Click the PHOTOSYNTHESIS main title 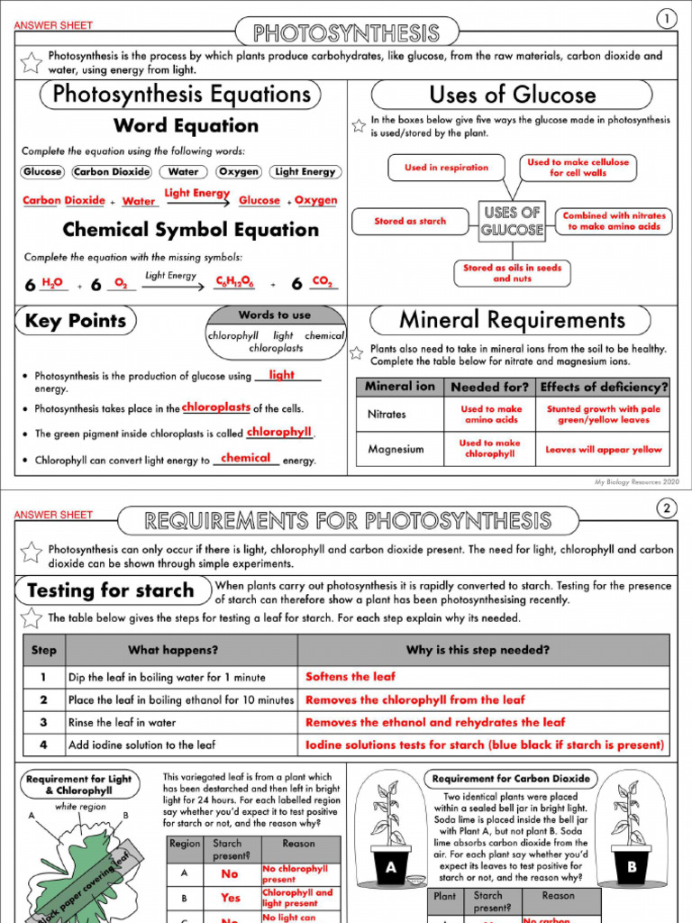(x=346, y=34)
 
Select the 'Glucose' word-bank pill (x=42, y=171)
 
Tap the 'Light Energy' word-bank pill (x=305, y=171)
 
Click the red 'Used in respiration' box (x=446, y=168)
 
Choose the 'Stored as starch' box (x=410, y=221)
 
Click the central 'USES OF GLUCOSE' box (x=512, y=221)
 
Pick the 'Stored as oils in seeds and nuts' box (x=512, y=273)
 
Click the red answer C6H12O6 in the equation (x=233, y=283)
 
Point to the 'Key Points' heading (x=75, y=321)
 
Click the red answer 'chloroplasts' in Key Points (x=216, y=407)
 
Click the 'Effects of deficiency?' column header (x=603, y=387)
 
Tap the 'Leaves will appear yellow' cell (x=603, y=449)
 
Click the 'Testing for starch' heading (x=110, y=591)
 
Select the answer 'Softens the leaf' (x=351, y=676)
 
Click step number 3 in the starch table (x=43, y=722)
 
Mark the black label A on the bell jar (x=390, y=868)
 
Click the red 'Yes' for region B (x=231, y=898)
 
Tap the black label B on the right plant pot (x=631, y=868)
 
